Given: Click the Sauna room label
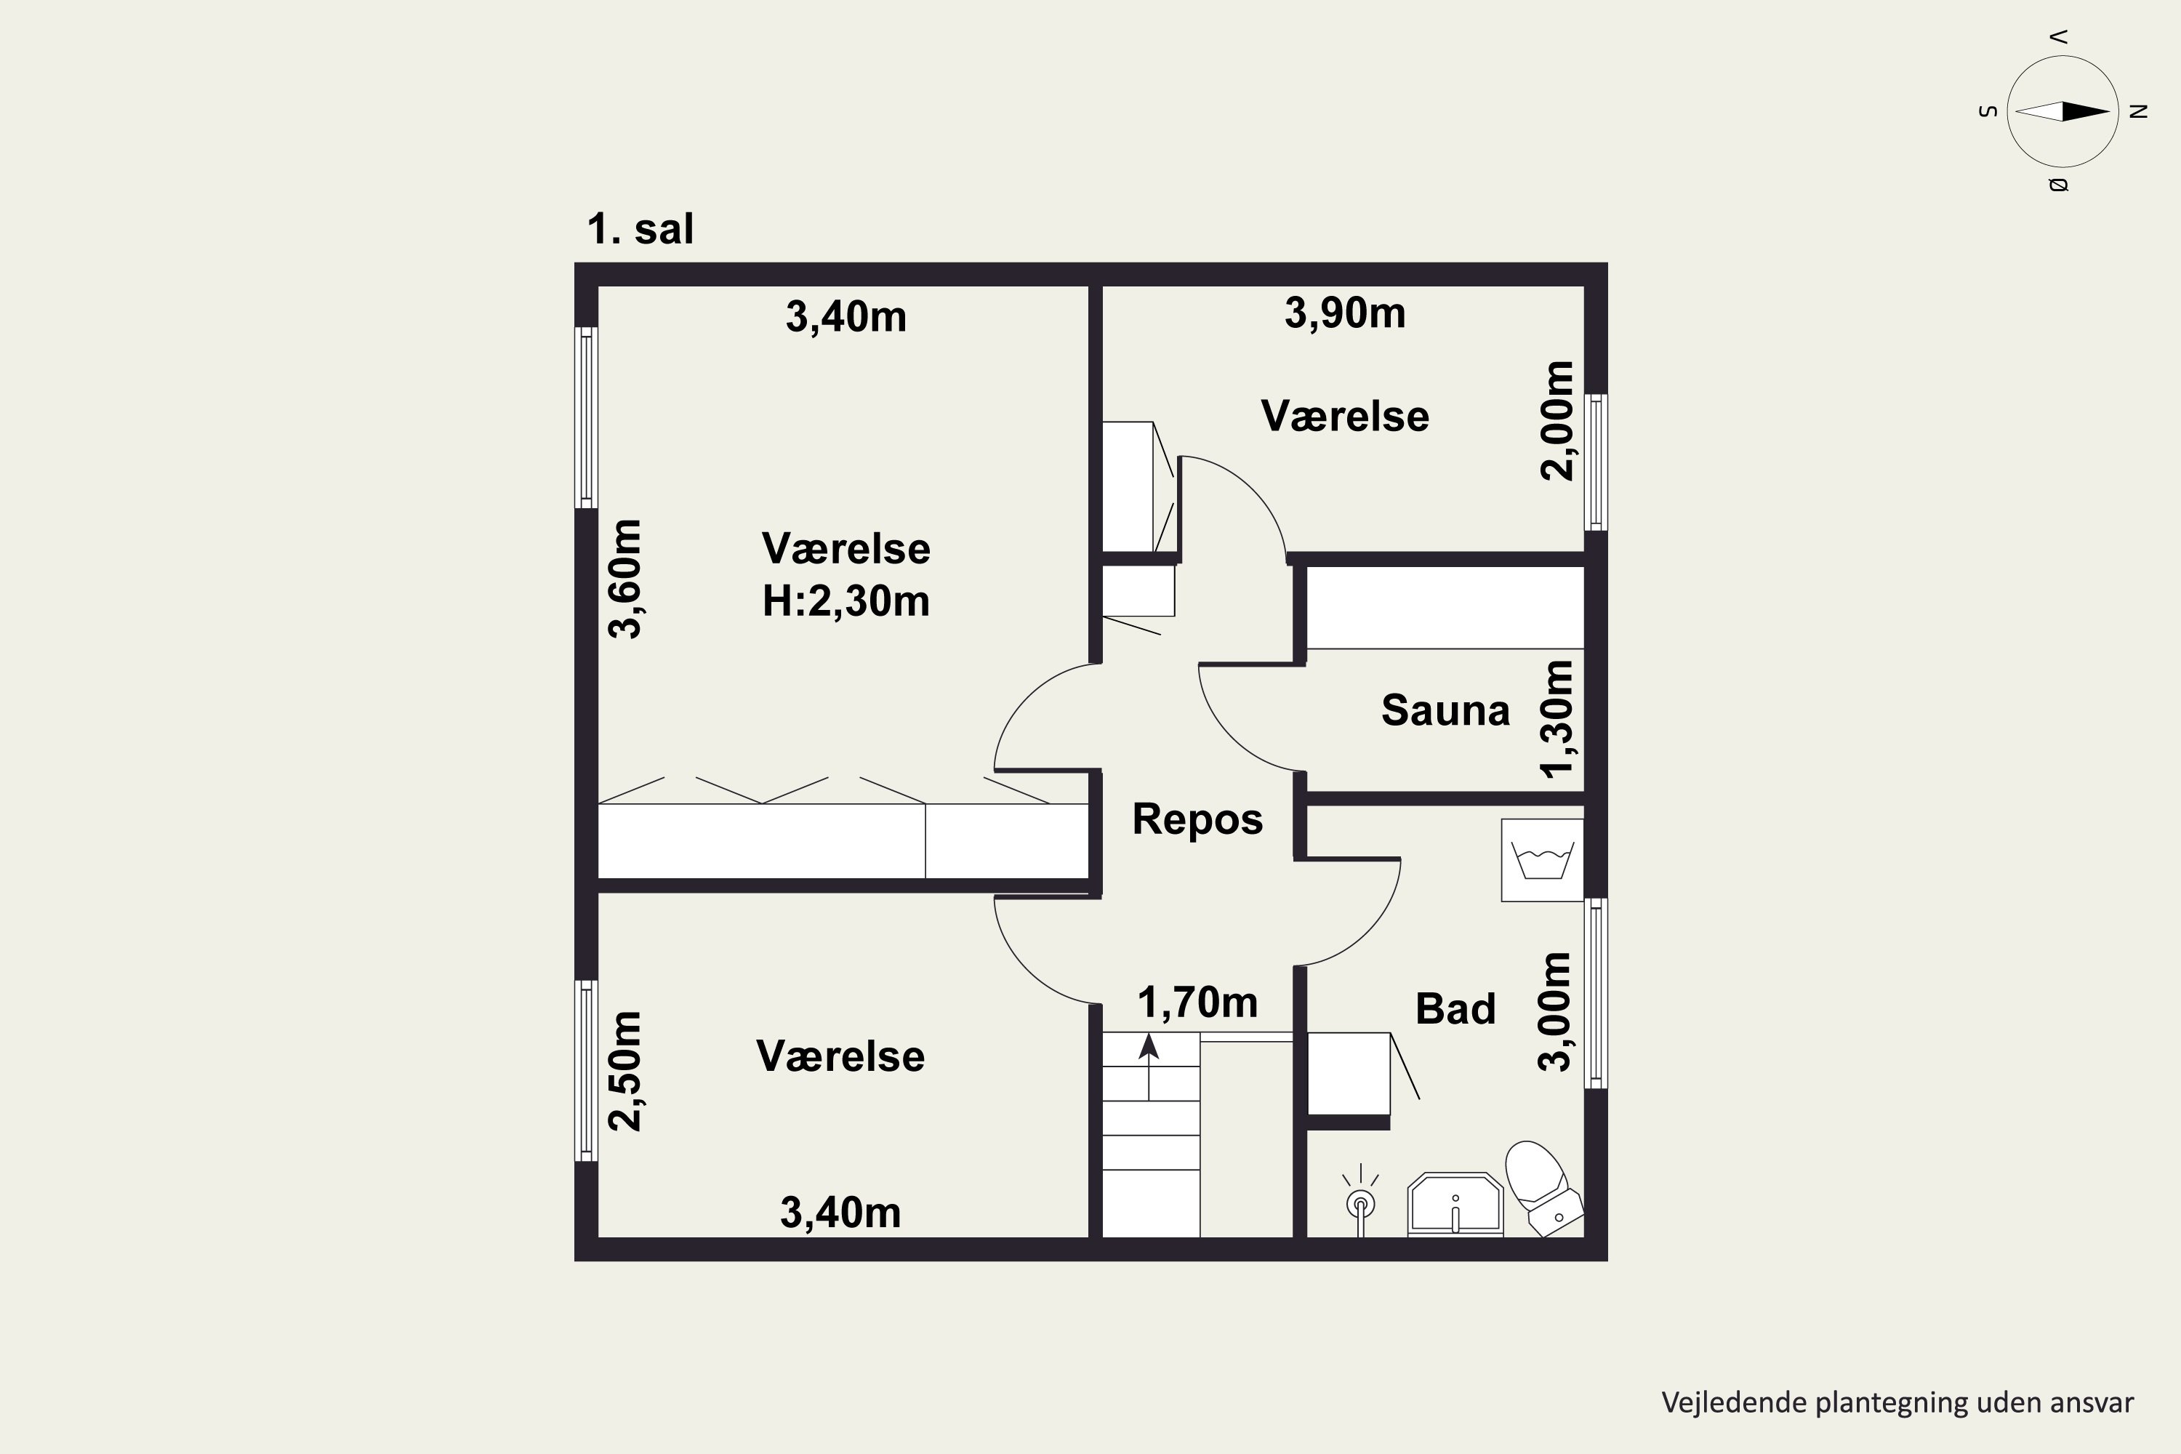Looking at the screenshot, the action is tap(1445, 710).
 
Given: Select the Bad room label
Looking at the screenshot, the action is tap(1455, 1009).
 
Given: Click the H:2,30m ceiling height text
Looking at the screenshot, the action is tap(846, 601).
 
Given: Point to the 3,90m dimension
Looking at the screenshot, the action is tap(1344, 313).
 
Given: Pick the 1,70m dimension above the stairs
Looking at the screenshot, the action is tap(1197, 1003).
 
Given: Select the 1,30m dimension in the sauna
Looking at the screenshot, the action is tap(1556, 719).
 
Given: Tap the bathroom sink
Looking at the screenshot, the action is tap(1455, 1205).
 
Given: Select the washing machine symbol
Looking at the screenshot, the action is tap(1542, 859).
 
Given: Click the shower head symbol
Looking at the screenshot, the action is tap(1360, 1202).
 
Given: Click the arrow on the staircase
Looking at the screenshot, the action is tap(1149, 1067).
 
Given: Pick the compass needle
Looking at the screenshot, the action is tap(2062, 111).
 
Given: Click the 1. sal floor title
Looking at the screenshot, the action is tap(640, 229).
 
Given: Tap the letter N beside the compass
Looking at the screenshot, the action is tap(2138, 111).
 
